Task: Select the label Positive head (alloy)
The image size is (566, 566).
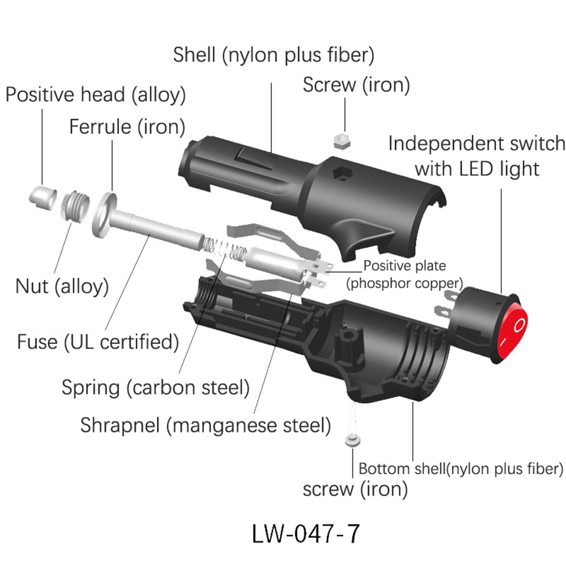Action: pos(95,94)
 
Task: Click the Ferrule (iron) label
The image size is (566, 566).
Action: pos(127,127)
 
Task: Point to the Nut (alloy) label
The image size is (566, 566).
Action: pos(62,286)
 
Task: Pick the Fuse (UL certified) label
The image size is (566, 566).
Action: pos(98,342)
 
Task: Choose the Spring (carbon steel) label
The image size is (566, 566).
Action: pos(155,388)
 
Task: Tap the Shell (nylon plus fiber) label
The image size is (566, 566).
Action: pos(274,55)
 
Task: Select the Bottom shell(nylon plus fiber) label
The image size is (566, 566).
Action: pos(461,469)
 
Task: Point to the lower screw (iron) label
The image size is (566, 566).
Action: pos(355,489)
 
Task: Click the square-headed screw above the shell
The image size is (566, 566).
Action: pos(341,141)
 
